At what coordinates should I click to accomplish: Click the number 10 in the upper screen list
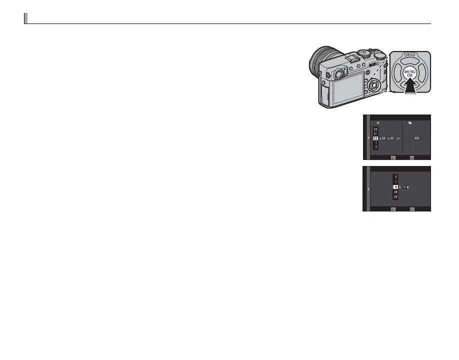click(375, 128)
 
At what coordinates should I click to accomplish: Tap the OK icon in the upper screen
click(393, 156)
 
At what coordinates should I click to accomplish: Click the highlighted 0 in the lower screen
click(395, 186)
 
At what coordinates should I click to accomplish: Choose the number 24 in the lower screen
click(395, 192)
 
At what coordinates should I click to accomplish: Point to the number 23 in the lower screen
click(395, 197)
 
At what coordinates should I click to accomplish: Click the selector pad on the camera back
click(372, 85)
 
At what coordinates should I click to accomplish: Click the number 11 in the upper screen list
click(375, 133)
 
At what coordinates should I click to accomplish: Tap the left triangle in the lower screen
click(369, 189)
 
